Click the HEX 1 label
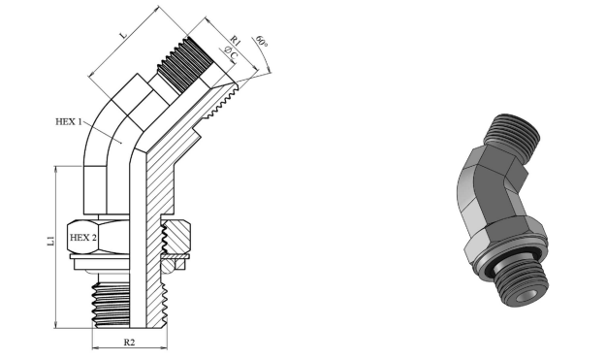pyautogui.click(x=69, y=122)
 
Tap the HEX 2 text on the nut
pyautogui.click(x=82, y=238)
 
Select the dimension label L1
pyautogui.click(x=50, y=241)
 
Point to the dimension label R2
pyautogui.click(x=129, y=343)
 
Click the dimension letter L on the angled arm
pyautogui.click(x=123, y=35)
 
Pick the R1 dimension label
pyautogui.click(x=236, y=40)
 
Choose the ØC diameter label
pyautogui.click(x=231, y=53)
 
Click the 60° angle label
pyautogui.click(x=262, y=41)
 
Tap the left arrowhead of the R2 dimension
pyautogui.click(x=95, y=348)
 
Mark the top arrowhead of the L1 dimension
pyautogui.click(x=56, y=170)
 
